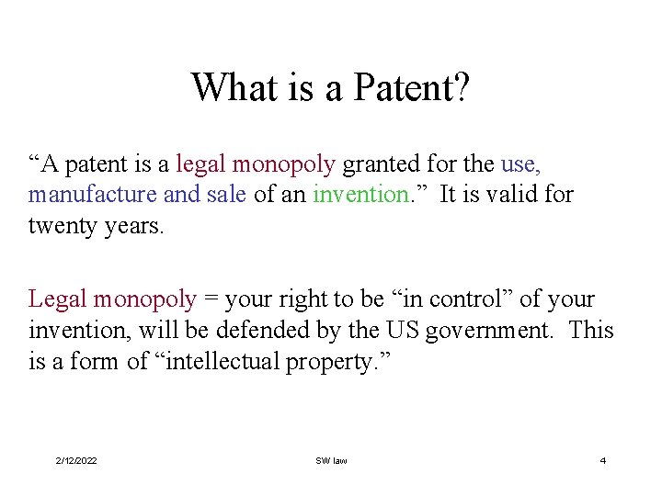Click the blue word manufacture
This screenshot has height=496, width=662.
(92, 195)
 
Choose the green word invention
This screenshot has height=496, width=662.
(360, 195)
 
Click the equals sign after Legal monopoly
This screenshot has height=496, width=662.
(211, 299)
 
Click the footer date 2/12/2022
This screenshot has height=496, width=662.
(76, 460)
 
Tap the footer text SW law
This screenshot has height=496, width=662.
(331, 460)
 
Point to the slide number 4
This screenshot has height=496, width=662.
(603, 460)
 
